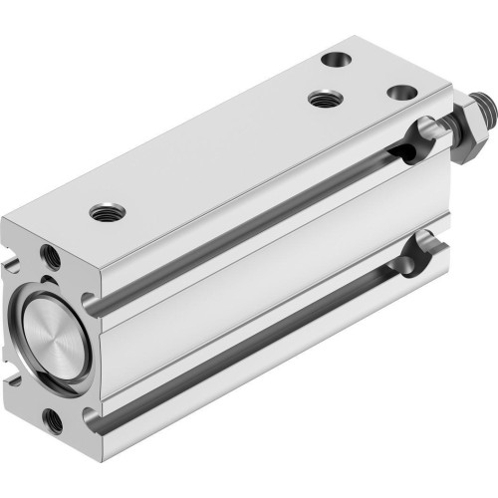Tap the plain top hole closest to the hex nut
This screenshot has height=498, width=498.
(400, 92)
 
